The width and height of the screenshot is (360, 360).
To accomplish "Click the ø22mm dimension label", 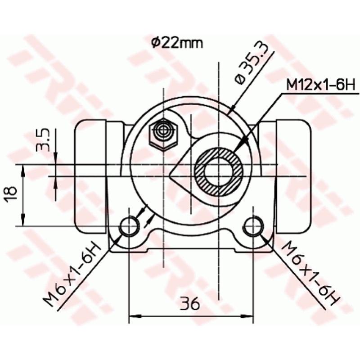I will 176,43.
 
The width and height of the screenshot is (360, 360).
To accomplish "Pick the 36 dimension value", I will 190,304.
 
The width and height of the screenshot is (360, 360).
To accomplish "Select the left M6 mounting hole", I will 130,225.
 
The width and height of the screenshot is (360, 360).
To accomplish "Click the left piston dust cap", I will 91,173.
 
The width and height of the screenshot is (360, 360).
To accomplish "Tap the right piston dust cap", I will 294,173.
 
